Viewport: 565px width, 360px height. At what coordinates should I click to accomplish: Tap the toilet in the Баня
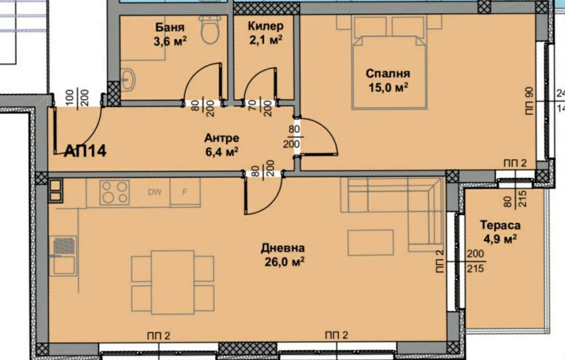[x=209, y=30]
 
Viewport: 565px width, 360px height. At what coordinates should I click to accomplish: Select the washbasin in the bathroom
[x=128, y=80]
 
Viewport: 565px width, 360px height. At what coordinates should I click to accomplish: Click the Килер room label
[x=265, y=26]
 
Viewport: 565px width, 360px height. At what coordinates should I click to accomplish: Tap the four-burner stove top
[x=114, y=192]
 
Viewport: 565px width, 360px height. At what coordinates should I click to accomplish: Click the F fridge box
[x=185, y=192]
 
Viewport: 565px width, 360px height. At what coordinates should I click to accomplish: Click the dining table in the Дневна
[x=172, y=282]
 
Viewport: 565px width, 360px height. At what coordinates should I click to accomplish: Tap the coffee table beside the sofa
[x=370, y=242]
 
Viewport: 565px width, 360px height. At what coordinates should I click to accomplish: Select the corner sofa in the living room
[x=398, y=201]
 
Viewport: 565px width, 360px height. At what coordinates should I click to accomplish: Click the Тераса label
[x=500, y=226]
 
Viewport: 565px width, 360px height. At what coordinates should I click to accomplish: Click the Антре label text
[x=222, y=138]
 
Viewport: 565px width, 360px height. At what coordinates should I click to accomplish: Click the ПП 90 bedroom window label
[x=530, y=98]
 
